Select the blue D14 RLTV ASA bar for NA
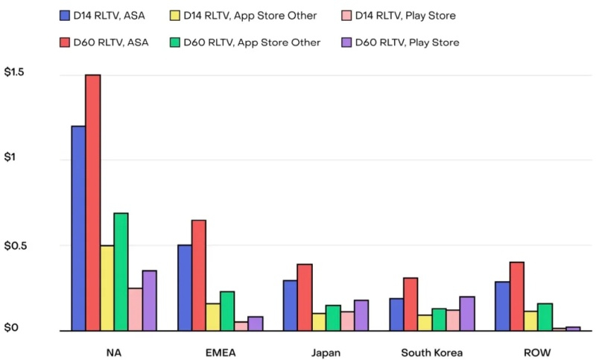tap(78, 228)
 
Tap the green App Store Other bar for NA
tap(121, 272)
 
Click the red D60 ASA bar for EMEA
tap(199, 275)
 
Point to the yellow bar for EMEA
tap(213, 317)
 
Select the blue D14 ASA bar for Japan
tap(291, 306)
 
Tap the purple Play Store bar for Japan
tap(361, 315)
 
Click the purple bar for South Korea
tap(467, 314)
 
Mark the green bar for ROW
tap(545, 317)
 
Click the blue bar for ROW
tap(503, 306)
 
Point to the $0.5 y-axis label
tap(17, 246)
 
